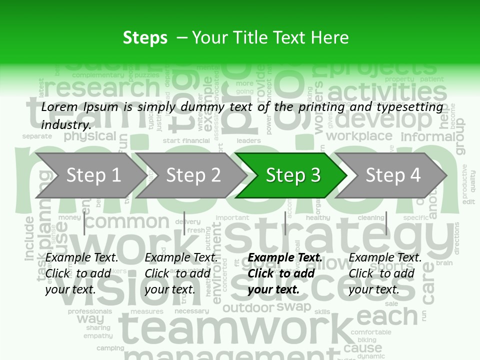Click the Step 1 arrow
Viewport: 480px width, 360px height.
click(90, 175)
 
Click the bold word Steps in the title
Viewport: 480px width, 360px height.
click(145, 38)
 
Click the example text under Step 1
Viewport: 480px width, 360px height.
click(82, 273)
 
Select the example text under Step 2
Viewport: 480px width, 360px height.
click(181, 273)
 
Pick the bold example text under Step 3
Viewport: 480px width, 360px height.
click(285, 273)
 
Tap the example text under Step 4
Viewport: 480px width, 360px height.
click(385, 273)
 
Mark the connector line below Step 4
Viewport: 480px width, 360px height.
click(386, 223)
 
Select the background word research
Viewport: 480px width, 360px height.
click(102, 88)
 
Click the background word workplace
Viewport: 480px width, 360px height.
click(359, 136)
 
